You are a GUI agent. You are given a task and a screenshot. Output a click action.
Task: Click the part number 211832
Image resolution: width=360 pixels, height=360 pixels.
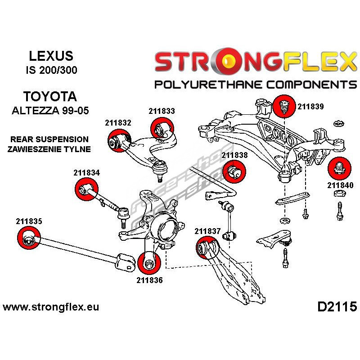click(118, 122)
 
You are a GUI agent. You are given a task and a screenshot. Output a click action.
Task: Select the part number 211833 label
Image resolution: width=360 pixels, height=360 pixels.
click(162, 110)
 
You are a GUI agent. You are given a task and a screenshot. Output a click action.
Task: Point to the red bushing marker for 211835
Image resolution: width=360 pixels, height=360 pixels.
click(28, 238)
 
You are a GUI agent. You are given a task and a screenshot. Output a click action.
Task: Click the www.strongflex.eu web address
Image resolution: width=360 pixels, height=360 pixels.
click(51, 307)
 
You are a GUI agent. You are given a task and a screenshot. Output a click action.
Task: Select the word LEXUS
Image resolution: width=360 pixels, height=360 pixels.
click(50, 56)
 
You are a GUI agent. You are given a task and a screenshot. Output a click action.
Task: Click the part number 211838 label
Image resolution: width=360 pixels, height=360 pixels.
click(234, 155)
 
